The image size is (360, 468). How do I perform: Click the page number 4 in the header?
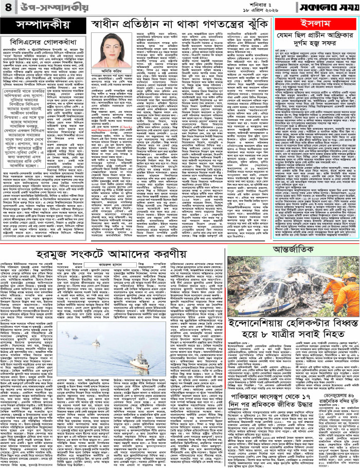pyautogui.click(x=9, y=7)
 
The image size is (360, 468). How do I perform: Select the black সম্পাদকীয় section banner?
pyautogui.click(x=38, y=25)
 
